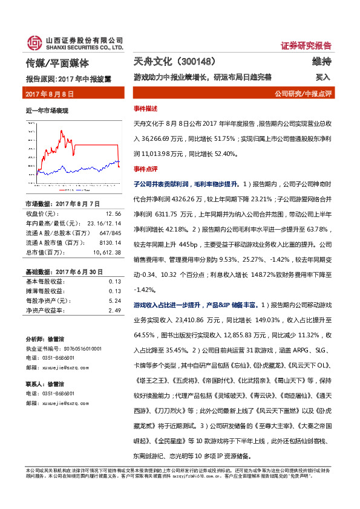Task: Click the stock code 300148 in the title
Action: tap(197, 62)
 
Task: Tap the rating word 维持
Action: tap(321, 62)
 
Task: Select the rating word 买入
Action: tap(322, 77)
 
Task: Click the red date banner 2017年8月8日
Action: tap(49, 94)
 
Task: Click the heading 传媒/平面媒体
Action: tap(58, 63)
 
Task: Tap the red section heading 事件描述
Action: tap(146, 108)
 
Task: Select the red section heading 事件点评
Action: tap(146, 168)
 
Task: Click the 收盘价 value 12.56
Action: tap(113, 213)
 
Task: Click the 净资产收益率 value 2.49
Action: tap(115, 310)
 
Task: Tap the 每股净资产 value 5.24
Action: tap(115, 300)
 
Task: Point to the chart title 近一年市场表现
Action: tap(47, 111)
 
